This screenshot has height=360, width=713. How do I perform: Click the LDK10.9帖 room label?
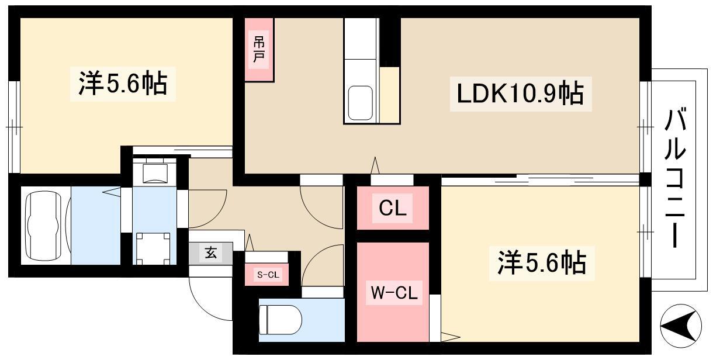(x=520, y=94)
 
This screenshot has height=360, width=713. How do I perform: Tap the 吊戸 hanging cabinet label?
(x=259, y=49)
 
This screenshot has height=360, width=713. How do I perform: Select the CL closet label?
(x=393, y=208)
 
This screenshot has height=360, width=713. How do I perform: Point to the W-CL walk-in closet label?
(x=394, y=293)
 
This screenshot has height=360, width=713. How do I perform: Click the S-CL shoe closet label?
(x=268, y=274)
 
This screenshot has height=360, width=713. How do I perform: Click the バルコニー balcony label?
(x=675, y=178)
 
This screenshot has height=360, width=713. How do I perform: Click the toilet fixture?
(x=281, y=320)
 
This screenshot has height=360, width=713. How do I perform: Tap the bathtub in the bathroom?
(x=44, y=226)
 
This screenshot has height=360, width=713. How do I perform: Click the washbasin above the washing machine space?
(x=155, y=174)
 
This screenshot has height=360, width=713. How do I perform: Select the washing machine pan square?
(x=153, y=248)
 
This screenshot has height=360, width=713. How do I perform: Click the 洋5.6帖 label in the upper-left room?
(x=123, y=84)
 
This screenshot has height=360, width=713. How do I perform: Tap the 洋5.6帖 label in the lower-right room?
(x=542, y=263)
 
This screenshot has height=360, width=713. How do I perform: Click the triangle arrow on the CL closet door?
(x=375, y=165)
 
